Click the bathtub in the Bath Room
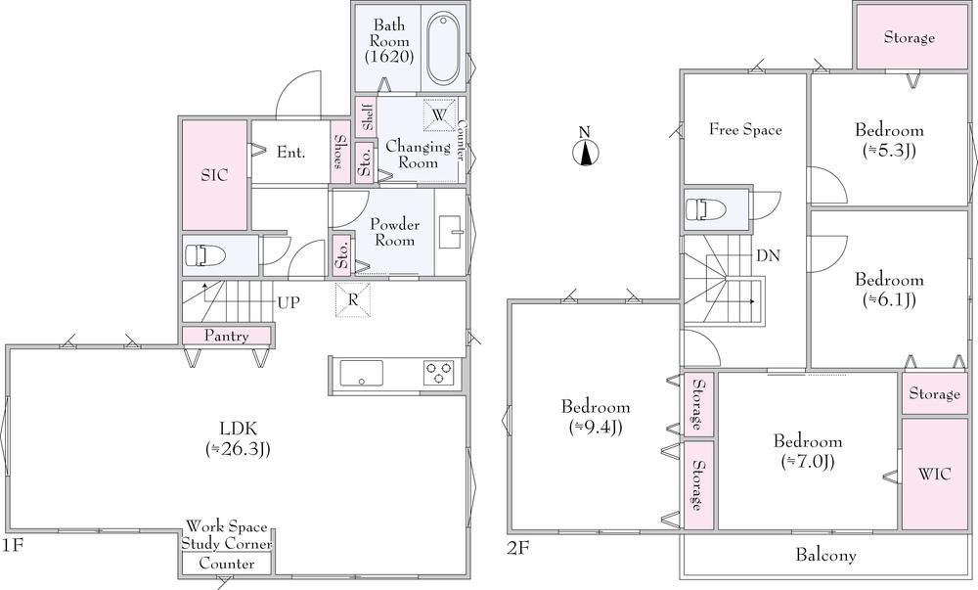(443, 48)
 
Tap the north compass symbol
(585, 153)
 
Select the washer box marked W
(439, 115)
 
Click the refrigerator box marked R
(352, 300)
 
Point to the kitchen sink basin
(361, 374)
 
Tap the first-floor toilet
(204, 255)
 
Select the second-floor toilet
(705, 209)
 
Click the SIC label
(214, 175)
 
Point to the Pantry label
(227, 337)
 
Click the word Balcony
(825, 555)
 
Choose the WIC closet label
(934, 474)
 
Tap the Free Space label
(745, 130)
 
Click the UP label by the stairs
(289, 303)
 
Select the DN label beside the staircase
(768, 255)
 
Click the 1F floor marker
(12, 546)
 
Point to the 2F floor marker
(517, 548)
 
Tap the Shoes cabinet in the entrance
(340, 152)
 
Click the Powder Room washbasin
(450, 231)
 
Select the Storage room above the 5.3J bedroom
(910, 37)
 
